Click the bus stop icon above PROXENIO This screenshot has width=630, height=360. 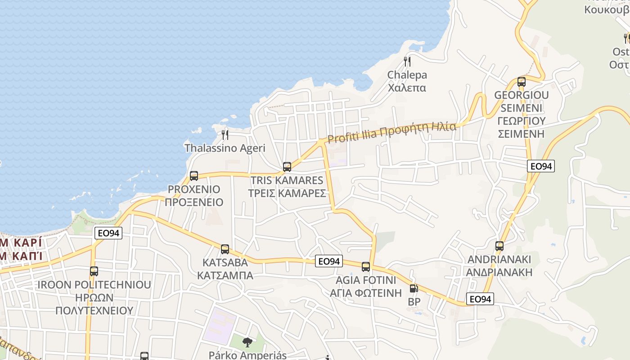tap(194, 176)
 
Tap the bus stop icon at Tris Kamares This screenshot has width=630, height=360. tap(287, 167)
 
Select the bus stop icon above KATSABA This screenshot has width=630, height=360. tap(225, 249)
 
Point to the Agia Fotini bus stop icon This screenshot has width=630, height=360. tap(366, 267)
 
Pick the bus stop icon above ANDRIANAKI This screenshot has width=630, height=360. tap(499, 246)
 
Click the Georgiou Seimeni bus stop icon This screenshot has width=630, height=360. tap(522, 82)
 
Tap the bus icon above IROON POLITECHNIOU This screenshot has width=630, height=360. tap(94, 271)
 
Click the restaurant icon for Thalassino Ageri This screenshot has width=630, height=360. tap(225, 135)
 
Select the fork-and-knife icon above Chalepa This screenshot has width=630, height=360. tap(407, 61)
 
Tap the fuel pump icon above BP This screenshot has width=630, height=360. tap(414, 289)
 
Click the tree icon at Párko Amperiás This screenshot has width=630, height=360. tap(247, 343)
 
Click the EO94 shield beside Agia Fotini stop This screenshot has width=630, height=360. tap(329, 261)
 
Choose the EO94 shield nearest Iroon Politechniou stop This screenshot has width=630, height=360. tap(108, 233)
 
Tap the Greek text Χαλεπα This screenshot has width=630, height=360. tap(407, 88)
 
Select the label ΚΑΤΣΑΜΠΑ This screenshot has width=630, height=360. tap(225, 275)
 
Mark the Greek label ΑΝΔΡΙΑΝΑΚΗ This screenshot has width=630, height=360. tap(499, 272)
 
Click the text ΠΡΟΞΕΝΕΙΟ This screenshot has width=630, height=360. tap(194, 202)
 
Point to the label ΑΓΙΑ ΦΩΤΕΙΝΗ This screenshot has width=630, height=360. tap(366, 293)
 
